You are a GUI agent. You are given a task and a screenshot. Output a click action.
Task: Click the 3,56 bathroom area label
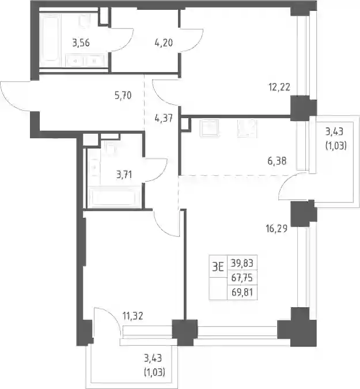pos(81,43)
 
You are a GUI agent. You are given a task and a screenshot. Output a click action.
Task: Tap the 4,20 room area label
pos(164,43)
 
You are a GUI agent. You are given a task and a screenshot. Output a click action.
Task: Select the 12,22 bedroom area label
pos(279,88)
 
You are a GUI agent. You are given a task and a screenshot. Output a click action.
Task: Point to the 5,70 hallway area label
pos(123,96)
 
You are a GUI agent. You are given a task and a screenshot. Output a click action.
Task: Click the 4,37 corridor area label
pos(164,118)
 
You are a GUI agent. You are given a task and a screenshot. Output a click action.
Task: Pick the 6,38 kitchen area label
pos(277,161)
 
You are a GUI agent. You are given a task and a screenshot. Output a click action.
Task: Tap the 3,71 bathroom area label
pos(124,175)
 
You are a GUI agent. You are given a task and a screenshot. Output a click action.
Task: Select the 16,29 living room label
pos(276,228)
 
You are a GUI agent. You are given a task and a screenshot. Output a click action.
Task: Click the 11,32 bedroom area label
pos(132,316)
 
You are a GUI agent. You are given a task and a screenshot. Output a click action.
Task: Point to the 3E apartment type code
pos(218,267)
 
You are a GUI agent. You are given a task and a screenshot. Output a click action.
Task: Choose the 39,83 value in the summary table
pos(242,263)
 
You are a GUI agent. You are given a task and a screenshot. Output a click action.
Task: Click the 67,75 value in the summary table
pos(242,278)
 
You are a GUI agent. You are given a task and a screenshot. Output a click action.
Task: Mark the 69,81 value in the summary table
pos(242,292)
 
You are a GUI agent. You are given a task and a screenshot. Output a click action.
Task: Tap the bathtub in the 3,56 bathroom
pos(50,37)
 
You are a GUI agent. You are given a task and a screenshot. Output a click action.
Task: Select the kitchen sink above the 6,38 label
pos(210,128)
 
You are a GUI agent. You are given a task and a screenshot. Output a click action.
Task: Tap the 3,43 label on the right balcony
pos(334,132)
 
